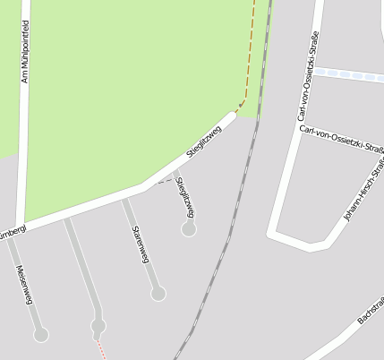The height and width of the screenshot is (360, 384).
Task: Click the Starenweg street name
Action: tap(140, 244)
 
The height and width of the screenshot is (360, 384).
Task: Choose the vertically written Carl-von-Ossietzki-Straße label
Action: tap(309, 76)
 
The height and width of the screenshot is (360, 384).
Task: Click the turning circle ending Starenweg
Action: tap(158, 293)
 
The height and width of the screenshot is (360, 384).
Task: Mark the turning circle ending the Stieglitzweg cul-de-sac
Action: tap(188, 229)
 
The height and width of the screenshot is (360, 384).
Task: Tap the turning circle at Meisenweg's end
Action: tap(40, 335)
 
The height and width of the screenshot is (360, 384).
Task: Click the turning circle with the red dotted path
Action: tap(98, 325)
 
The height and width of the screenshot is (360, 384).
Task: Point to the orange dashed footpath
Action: tap(251, 54)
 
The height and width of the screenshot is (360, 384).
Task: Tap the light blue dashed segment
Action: tap(349, 74)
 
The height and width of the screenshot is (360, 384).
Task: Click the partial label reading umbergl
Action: tap(11, 231)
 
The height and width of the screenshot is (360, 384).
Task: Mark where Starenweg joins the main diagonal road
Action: tap(124, 199)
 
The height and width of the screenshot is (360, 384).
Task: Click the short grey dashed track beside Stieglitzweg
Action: tap(162, 180)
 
